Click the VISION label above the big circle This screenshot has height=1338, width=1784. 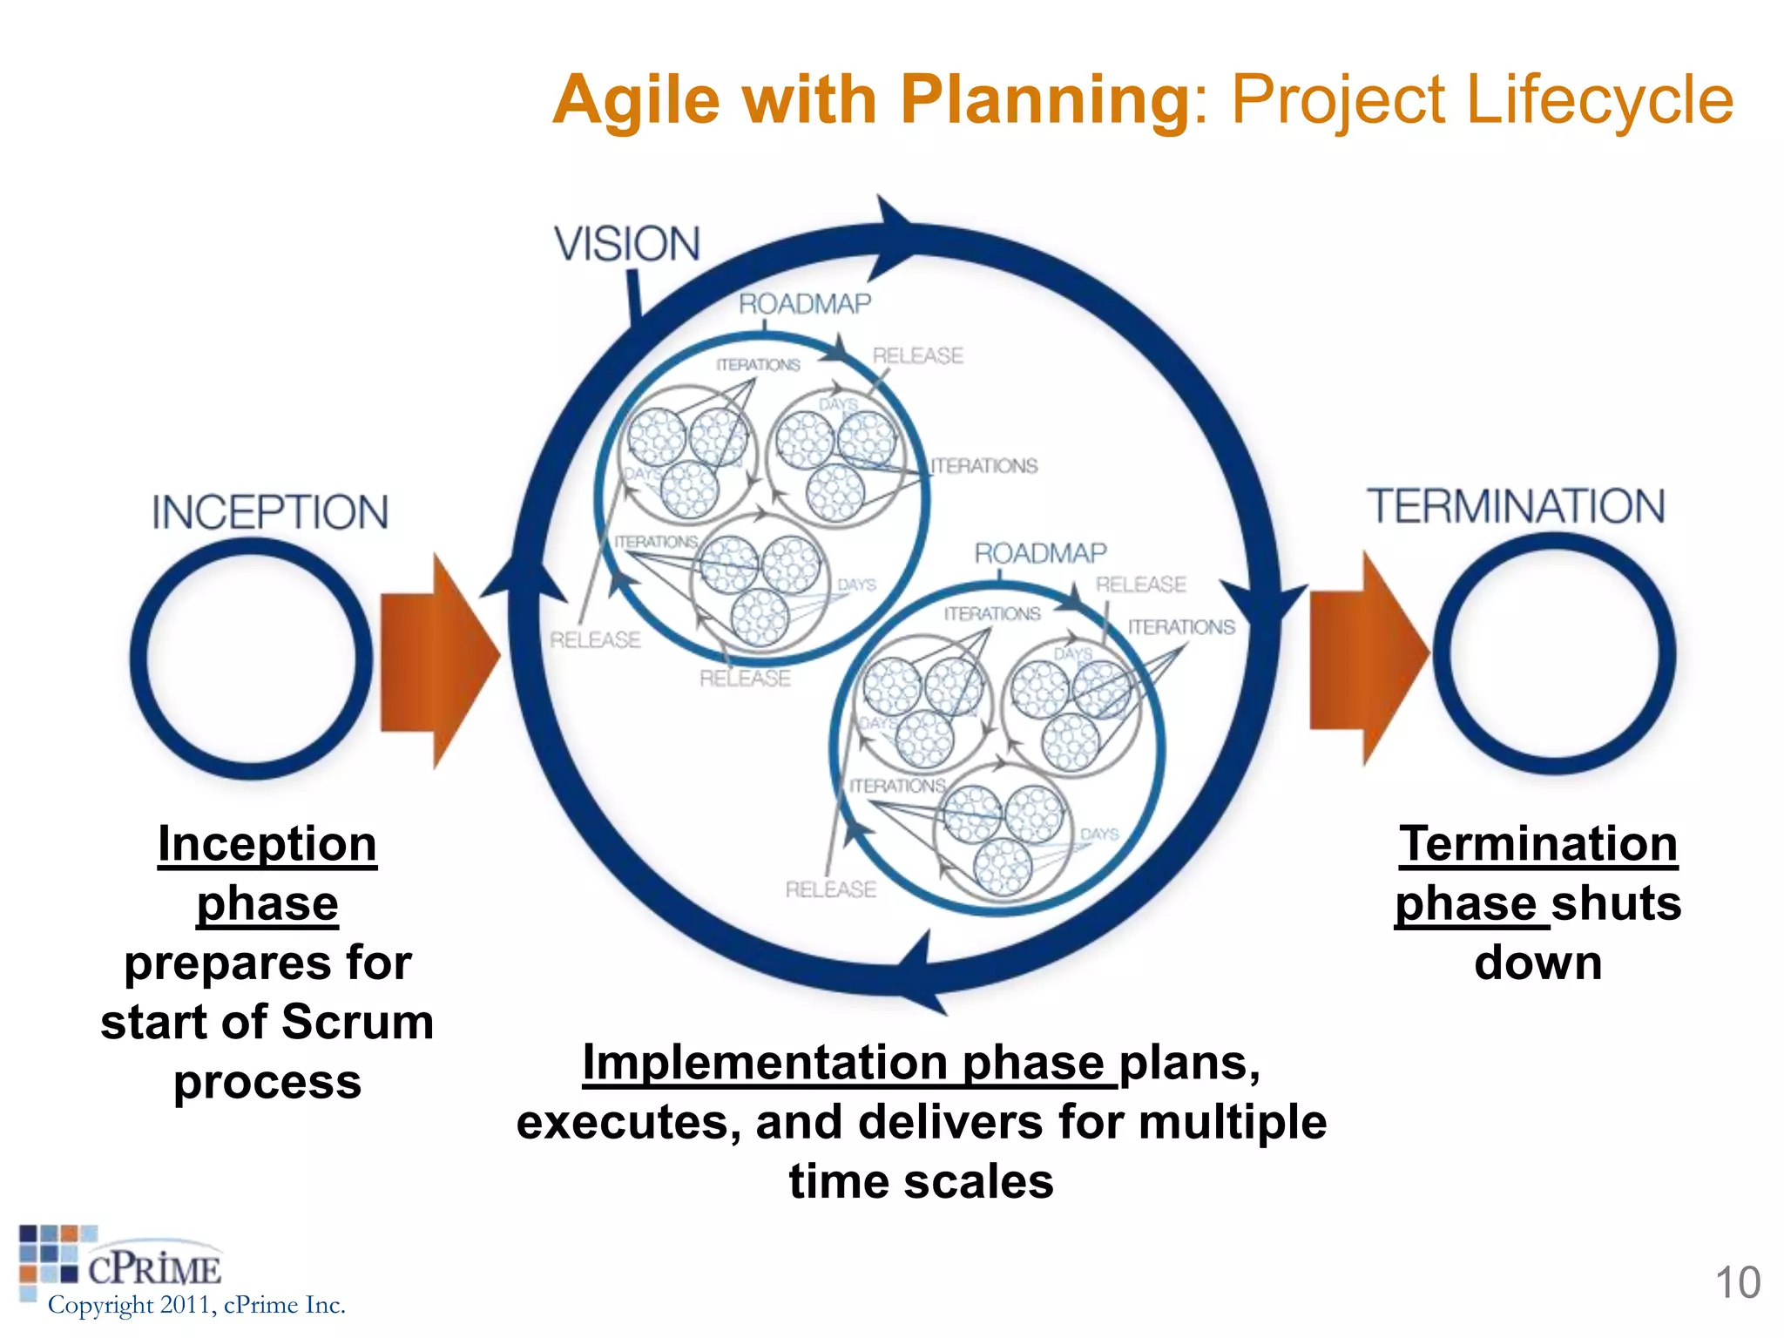627,243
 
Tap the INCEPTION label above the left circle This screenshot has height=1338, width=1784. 270,511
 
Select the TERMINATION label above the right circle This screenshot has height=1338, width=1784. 1516,506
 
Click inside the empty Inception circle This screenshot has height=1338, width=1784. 251,658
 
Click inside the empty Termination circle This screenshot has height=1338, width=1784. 1554,653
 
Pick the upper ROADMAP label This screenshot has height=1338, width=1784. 805,303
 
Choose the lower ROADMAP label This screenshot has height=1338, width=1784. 1040,552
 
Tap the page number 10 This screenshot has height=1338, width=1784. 1737,1282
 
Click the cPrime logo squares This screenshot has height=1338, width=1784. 52,1254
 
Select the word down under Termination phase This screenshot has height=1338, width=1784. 1537,963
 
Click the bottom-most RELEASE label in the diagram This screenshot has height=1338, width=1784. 830,889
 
